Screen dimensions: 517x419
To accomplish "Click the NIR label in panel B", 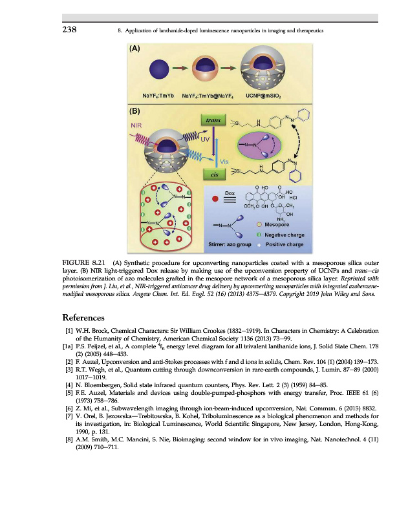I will point(138,125).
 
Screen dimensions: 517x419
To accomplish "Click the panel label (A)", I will point(136,48).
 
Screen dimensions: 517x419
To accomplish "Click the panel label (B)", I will point(136,110).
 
